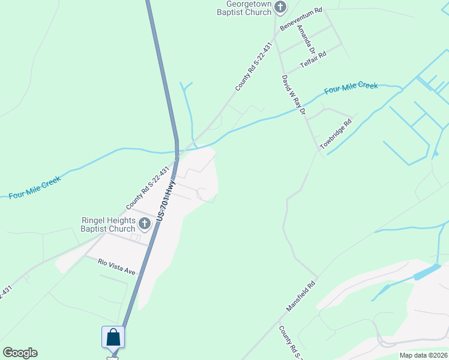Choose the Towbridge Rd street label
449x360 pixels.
pos(335,134)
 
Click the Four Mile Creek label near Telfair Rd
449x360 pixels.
pos(351,88)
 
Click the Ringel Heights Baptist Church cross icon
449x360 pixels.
pos(144,224)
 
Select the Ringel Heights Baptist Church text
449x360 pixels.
pos(109,224)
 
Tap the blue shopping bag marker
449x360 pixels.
pos(113,337)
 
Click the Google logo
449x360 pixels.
pos(20,353)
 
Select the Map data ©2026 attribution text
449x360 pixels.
pos(423,355)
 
